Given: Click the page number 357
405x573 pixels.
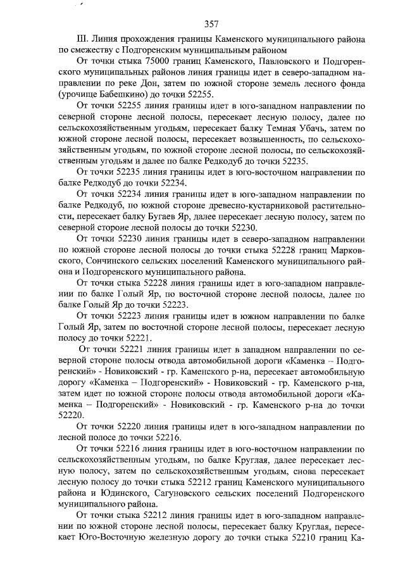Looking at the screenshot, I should (211, 24).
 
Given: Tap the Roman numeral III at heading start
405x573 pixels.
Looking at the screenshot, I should (80, 39).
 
